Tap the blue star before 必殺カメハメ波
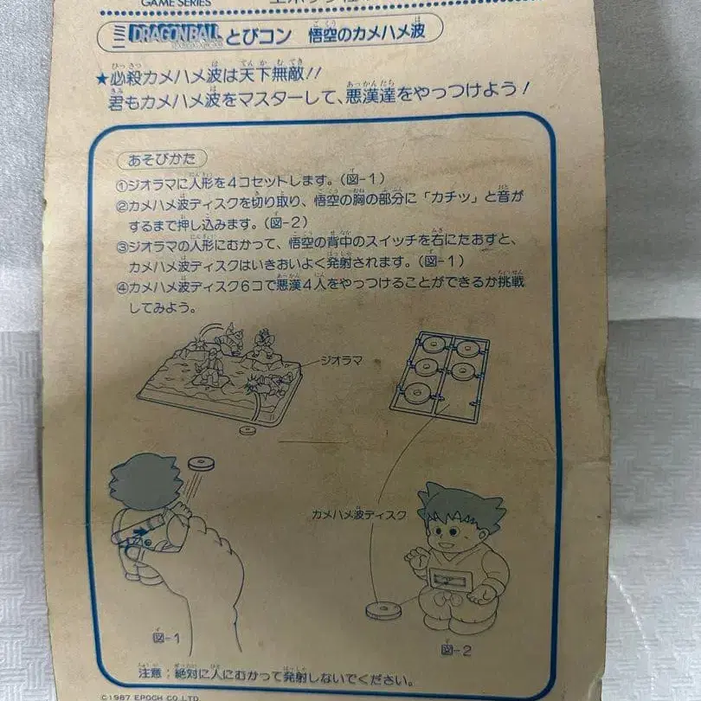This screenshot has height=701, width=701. click(x=101, y=77)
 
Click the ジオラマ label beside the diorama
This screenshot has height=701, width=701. click(x=344, y=357)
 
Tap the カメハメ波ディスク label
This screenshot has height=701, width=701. click(x=359, y=515)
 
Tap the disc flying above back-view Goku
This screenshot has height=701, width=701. click(x=200, y=465)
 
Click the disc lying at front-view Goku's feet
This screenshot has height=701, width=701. click(x=384, y=610)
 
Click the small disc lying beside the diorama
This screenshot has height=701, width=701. click(x=248, y=429)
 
